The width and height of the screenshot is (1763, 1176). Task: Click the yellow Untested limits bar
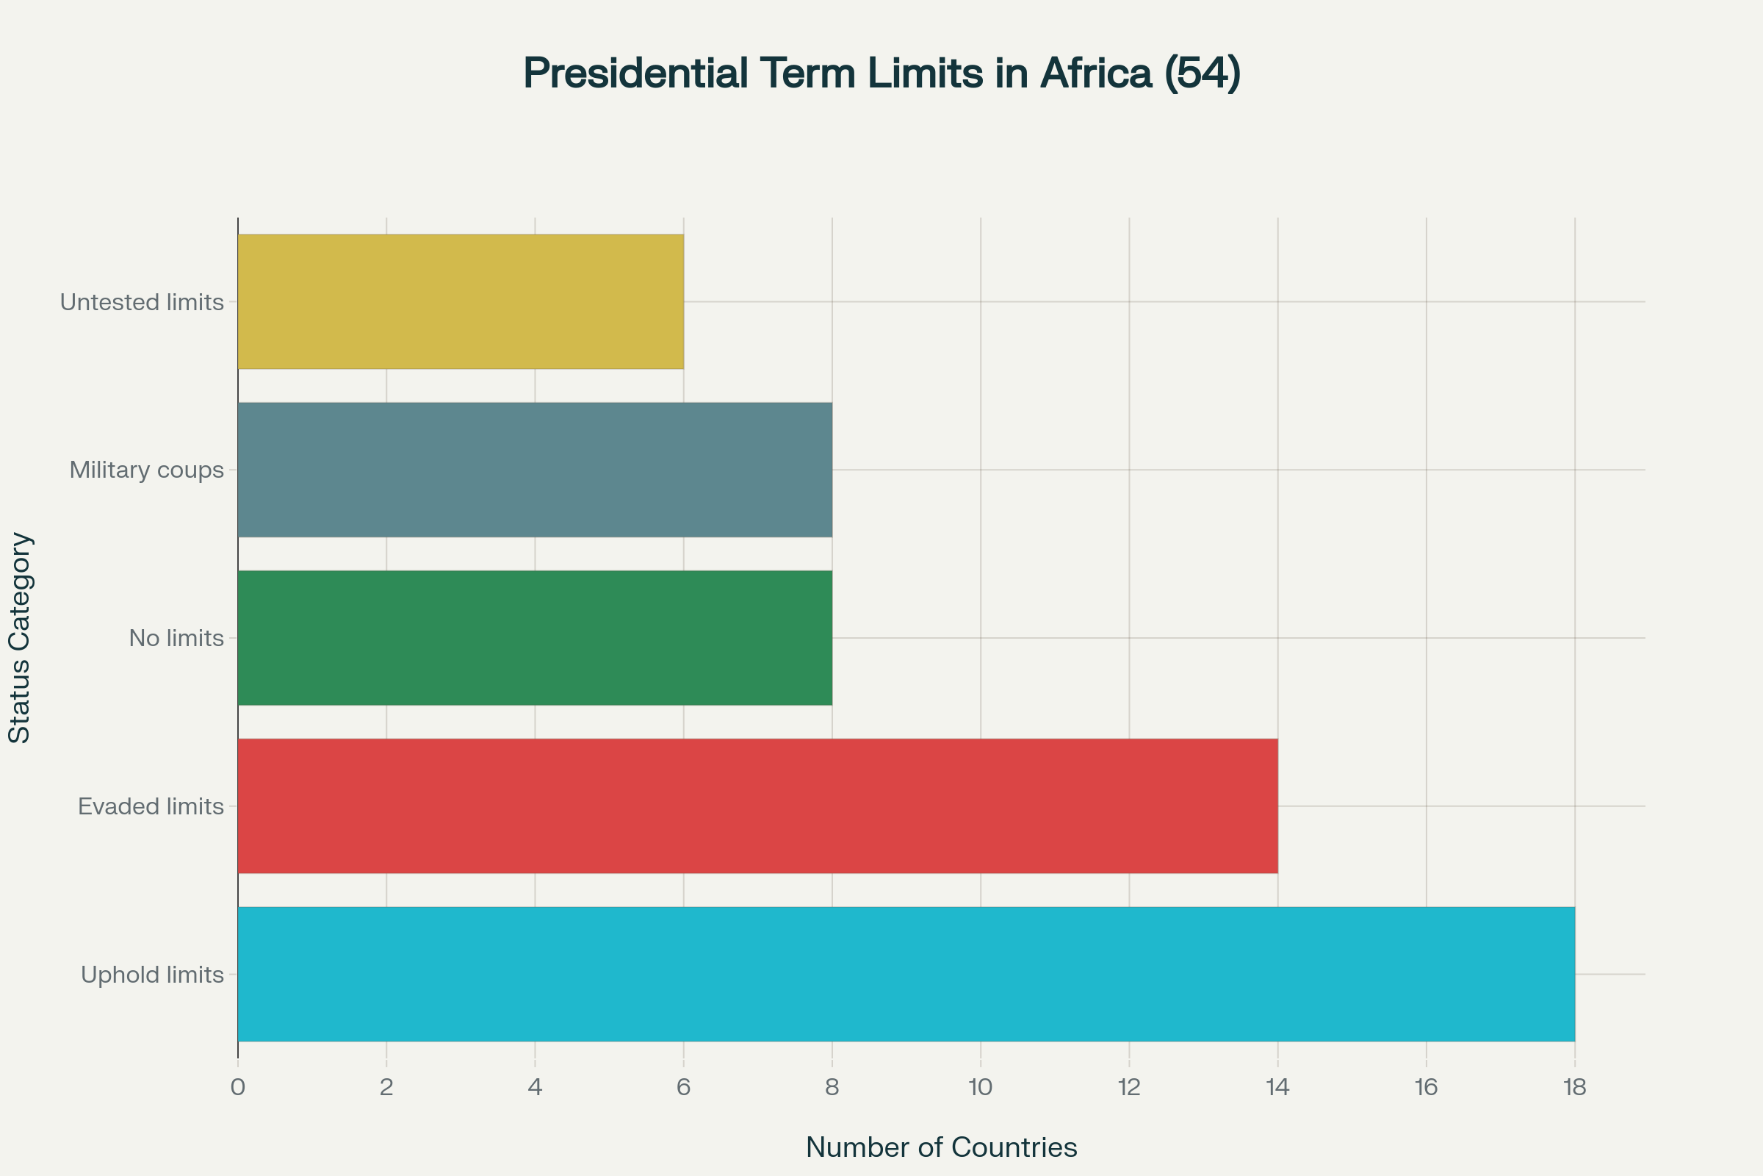coord(461,301)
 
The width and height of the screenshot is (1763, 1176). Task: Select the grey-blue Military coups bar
coord(535,470)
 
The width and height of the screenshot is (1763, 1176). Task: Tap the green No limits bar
coord(535,637)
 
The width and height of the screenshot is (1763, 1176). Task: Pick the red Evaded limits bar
coord(757,806)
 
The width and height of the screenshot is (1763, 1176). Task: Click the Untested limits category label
coord(142,302)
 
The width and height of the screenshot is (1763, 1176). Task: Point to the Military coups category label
coord(146,470)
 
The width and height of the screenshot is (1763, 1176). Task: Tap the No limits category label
coord(176,638)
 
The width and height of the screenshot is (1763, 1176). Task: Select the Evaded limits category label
coord(151,806)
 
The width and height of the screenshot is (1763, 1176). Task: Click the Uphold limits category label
coord(152,975)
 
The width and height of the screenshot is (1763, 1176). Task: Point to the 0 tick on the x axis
coord(237,1088)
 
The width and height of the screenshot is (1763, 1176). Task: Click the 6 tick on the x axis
coord(684,1088)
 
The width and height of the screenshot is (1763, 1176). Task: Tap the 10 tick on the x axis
coord(981,1088)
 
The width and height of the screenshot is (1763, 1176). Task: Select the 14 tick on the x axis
coord(1277,1088)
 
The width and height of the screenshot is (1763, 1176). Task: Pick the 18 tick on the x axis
coord(1574,1088)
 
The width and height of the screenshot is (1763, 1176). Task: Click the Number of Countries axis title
coord(942,1147)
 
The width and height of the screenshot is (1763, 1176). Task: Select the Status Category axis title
coord(20,637)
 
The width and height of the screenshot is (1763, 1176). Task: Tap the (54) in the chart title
coord(1203,73)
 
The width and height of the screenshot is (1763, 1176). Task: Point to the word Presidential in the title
coord(635,73)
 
